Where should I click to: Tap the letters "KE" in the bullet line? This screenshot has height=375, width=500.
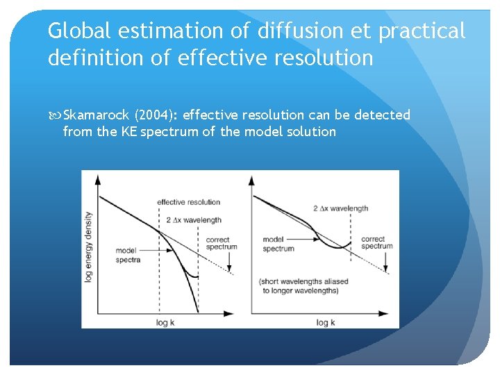[x=127, y=131]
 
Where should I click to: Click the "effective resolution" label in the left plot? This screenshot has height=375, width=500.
[x=188, y=202]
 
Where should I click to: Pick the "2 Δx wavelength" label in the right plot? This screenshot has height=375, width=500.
[x=340, y=208]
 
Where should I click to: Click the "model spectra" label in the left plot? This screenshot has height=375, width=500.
[x=128, y=255]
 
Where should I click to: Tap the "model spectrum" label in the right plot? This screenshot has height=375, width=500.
[x=278, y=244]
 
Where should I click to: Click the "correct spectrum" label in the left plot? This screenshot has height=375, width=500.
[x=222, y=243]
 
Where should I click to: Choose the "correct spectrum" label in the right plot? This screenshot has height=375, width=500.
[x=377, y=242]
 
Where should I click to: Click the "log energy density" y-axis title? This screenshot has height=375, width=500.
[x=89, y=247]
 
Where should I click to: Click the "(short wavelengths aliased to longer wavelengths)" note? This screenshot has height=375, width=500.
[x=303, y=286]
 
